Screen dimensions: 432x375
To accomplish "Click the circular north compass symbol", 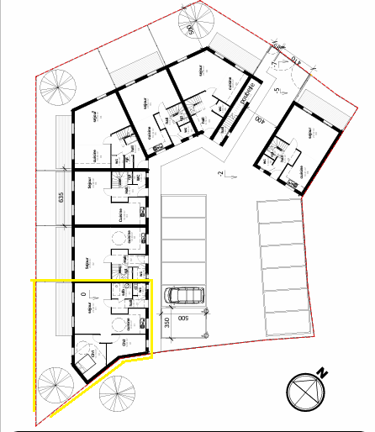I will coord(304,392).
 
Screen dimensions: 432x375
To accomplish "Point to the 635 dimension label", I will coord(61,199).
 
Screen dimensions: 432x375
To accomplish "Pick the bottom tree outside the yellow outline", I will coord(116,392).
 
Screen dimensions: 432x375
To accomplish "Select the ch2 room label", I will coord(124,343).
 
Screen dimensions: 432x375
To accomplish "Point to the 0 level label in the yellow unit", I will coord(82,294).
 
